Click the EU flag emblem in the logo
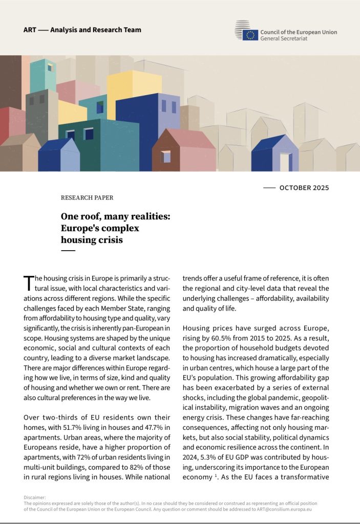pos(250,35)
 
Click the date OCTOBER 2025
pos(304,188)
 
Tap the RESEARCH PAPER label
pos(87,198)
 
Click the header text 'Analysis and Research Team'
pos(96,30)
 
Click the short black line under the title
pos(68,250)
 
